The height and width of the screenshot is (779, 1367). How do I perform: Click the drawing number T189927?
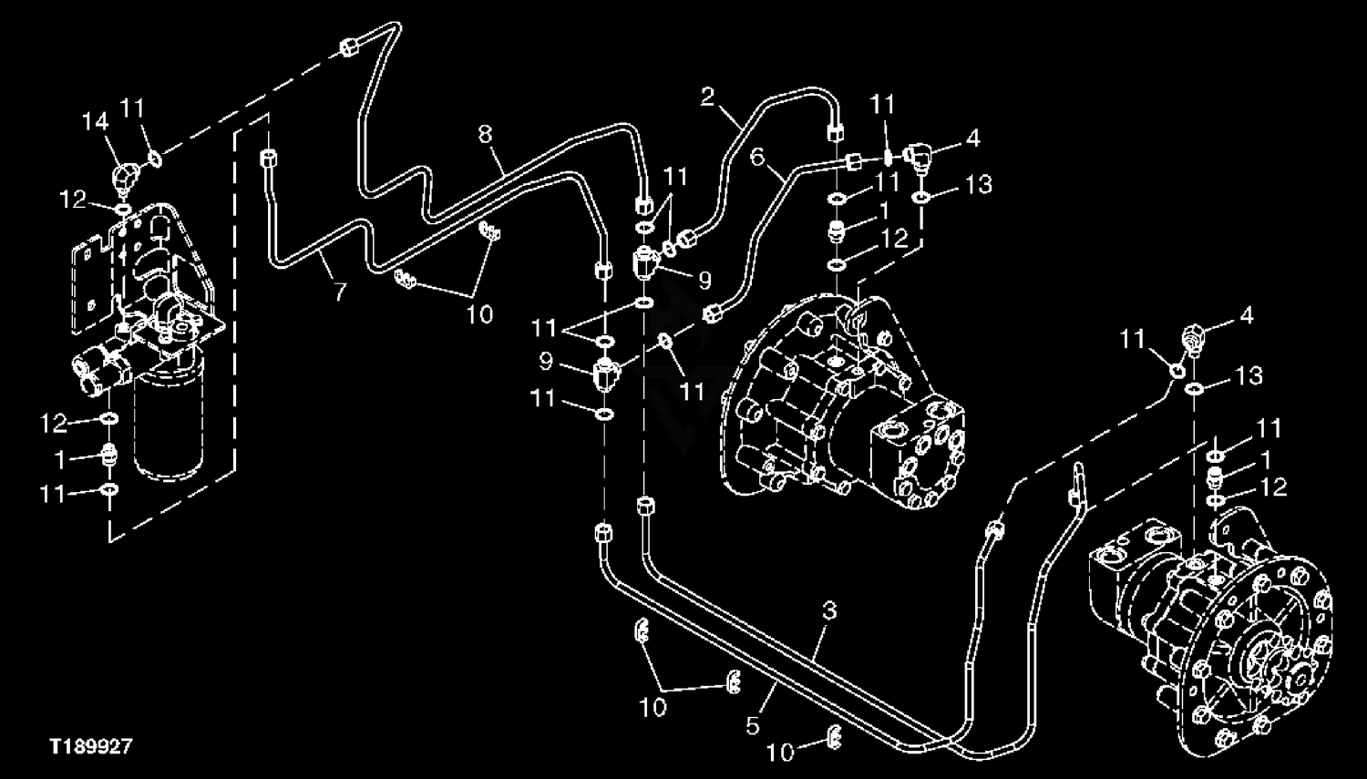(x=91, y=746)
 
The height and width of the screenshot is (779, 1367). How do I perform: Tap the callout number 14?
(x=95, y=122)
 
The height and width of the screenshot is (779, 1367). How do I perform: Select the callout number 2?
(x=707, y=97)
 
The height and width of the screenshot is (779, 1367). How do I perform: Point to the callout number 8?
(x=485, y=134)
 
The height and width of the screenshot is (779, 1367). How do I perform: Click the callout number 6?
(x=757, y=157)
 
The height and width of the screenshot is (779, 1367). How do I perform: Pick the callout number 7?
(x=341, y=292)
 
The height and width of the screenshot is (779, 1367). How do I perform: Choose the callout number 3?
(x=829, y=610)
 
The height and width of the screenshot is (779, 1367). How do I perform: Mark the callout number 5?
(x=753, y=726)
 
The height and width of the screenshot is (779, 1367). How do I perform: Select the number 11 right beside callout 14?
(x=132, y=108)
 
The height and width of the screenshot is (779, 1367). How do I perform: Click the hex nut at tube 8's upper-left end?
(x=348, y=47)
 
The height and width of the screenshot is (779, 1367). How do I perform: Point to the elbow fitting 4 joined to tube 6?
(x=919, y=157)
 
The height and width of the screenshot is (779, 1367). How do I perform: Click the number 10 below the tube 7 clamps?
(x=479, y=314)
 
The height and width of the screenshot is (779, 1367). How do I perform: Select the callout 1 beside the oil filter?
(x=60, y=460)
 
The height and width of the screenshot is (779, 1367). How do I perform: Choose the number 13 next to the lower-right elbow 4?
(x=1249, y=375)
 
